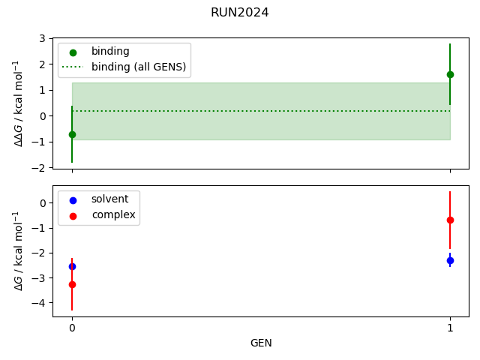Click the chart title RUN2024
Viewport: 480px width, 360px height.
(240, 13)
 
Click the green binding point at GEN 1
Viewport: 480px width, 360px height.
(450, 74)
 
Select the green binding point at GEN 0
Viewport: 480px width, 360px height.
(72, 134)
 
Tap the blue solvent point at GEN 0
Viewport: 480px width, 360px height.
(72, 266)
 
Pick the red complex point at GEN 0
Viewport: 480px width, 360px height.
(72, 284)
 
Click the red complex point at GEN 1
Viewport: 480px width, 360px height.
(450, 220)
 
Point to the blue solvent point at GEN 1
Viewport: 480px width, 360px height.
(450, 260)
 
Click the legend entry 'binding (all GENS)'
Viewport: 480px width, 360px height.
(139, 67)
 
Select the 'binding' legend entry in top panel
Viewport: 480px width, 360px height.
(110, 52)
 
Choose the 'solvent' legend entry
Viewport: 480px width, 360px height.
(109, 199)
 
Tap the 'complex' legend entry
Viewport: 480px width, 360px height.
(113, 215)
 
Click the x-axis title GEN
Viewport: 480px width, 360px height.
(261, 343)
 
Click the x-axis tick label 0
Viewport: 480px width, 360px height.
(72, 328)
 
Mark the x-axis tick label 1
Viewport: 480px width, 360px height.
(450, 328)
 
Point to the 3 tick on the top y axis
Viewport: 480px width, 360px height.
(42, 38)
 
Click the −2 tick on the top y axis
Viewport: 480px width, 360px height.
(39, 167)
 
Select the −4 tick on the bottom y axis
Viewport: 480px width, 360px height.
(39, 303)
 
